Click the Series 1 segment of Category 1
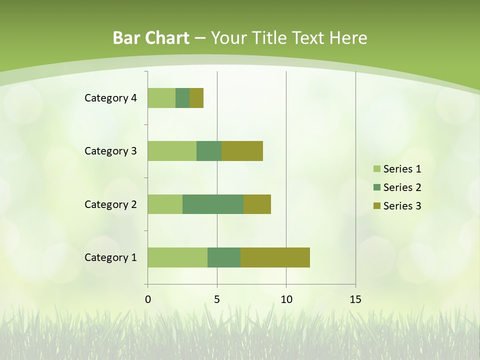coord(177,257)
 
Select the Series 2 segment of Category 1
coord(224,257)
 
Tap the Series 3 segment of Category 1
coord(275,257)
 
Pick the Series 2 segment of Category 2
coord(213,204)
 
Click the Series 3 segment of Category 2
coord(257,204)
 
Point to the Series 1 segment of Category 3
coord(172,151)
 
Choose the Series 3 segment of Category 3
coord(242,151)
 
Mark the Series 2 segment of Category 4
coord(182,98)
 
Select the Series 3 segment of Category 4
coord(196,98)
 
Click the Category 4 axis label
coord(110,98)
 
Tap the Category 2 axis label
coord(110,204)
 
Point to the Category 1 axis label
coord(110,257)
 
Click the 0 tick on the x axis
coord(148,299)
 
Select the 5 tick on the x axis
coord(217,299)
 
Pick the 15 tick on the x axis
coord(355,299)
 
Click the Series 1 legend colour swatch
coord(376,169)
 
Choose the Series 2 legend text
coord(402,187)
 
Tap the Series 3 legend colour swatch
coord(376,206)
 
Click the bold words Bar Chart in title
coord(151,38)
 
